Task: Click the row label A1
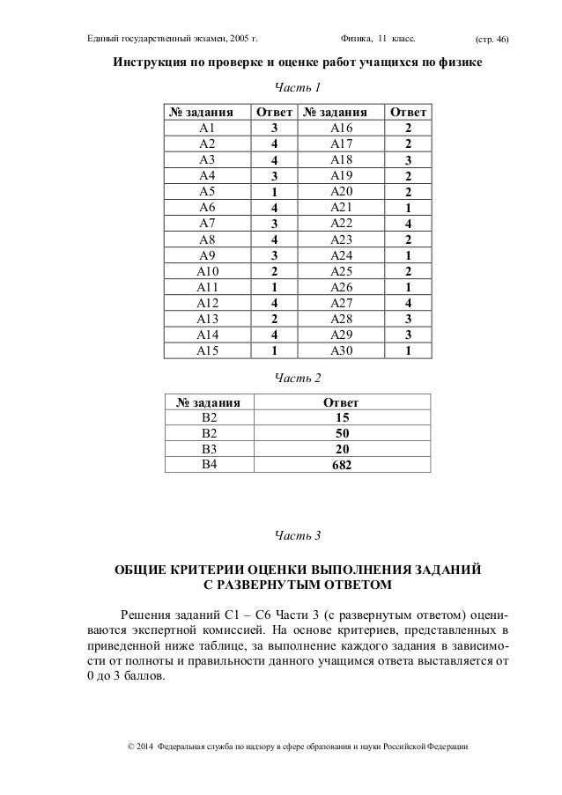click(208, 128)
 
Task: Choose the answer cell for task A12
click(275, 303)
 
